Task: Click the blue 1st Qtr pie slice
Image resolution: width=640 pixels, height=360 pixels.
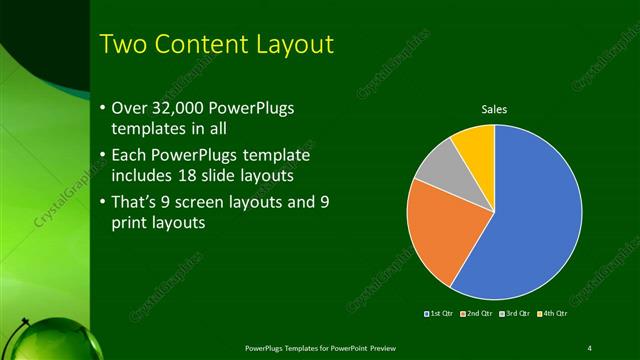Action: [530, 220]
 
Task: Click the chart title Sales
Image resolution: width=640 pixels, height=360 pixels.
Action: [494, 109]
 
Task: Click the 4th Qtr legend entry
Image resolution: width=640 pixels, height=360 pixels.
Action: [553, 314]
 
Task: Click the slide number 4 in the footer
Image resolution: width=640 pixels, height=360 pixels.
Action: [589, 347]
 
